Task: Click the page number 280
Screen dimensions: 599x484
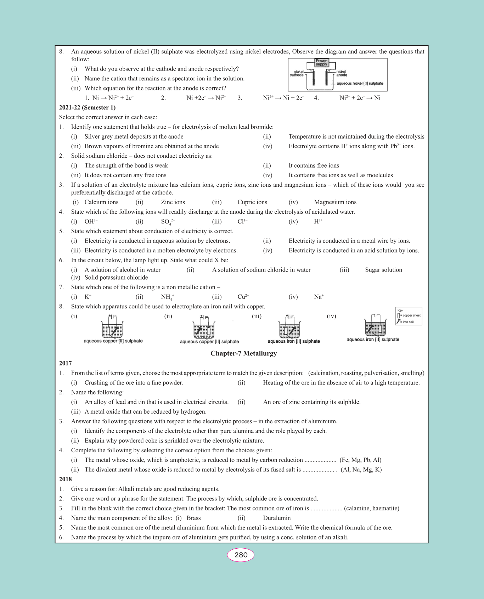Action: [x=241, y=555]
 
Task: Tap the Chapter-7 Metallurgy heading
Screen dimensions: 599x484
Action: [x=244, y=353]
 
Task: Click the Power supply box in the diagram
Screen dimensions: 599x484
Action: [x=321, y=63]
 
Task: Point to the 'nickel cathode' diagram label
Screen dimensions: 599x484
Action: [x=297, y=73]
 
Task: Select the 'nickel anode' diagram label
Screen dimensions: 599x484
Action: [x=342, y=73]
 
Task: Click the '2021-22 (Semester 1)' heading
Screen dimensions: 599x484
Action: [x=87, y=108]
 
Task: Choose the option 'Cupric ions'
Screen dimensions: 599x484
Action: [x=252, y=202]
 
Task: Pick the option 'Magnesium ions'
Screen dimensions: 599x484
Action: [x=335, y=202]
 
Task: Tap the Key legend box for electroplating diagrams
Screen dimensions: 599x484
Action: [x=409, y=316]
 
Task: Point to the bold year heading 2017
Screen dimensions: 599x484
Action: [x=66, y=363]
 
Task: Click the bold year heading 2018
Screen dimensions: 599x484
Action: [x=66, y=479]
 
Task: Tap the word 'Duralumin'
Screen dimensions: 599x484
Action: [x=277, y=518]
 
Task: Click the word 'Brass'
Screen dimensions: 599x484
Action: [x=193, y=518]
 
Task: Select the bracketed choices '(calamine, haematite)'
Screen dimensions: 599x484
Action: [x=371, y=508]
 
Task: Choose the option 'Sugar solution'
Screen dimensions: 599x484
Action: [x=383, y=270]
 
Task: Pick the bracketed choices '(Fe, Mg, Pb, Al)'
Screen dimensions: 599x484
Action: [x=360, y=460]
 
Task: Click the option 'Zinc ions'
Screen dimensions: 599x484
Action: [x=173, y=202]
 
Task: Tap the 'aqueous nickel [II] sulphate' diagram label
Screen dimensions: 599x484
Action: [x=360, y=84]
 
